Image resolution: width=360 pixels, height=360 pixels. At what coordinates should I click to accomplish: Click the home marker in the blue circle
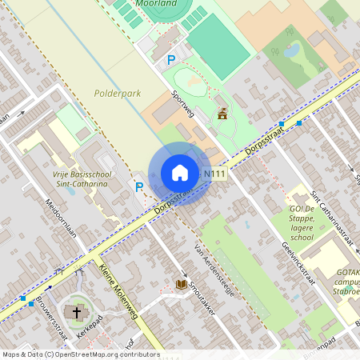pyautogui.click(x=180, y=173)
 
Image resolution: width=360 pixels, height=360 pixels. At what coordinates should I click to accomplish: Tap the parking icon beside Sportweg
pyautogui.click(x=170, y=60)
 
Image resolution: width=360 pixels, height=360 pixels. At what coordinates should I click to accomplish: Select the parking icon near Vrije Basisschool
pyautogui.click(x=138, y=187)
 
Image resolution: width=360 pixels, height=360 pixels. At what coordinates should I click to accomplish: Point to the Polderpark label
pyautogui.click(x=117, y=94)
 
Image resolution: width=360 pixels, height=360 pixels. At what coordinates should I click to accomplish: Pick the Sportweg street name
pyautogui.click(x=183, y=105)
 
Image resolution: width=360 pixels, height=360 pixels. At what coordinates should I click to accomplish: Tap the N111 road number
pyautogui.click(x=213, y=174)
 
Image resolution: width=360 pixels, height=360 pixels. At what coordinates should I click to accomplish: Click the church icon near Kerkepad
pyautogui.click(x=77, y=312)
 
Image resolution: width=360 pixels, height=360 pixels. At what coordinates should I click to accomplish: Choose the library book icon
pyautogui.click(x=182, y=284)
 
